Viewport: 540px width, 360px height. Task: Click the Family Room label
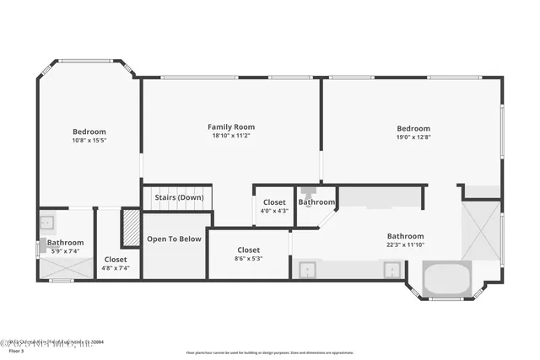[x=230, y=126]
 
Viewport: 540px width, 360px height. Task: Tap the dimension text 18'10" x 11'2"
[x=230, y=135]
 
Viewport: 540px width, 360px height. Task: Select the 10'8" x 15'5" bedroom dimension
[x=89, y=140]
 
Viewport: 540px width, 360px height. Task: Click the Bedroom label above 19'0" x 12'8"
[x=413, y=128]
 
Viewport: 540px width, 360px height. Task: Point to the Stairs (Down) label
[x=179, y=197]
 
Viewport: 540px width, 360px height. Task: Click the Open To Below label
[x=174, y=239]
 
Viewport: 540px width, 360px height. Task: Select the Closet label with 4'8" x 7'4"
[x=116, y=260]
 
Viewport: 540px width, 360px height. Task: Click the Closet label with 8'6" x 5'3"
[x=248, y=250]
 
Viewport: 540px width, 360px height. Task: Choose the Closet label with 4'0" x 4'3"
[x=274, y=202]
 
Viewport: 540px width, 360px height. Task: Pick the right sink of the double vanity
[x=391, y=270]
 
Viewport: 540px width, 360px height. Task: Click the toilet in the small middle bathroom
[x=308, y=191]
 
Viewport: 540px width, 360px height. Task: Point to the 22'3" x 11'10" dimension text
[x=405, y=245]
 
